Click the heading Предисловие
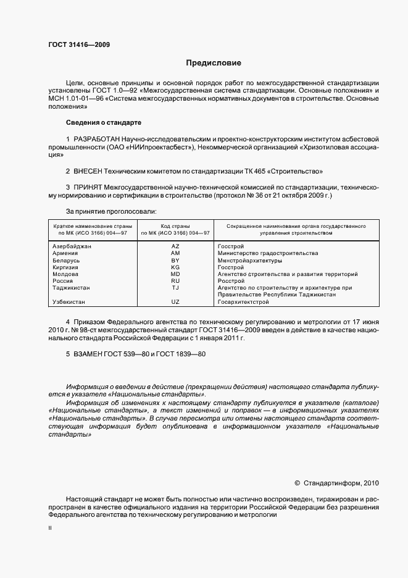click(x=214, y=63)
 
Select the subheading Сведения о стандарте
click(x=104, y=122)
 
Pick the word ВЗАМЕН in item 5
click(x=91, y=355)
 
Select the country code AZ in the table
click(x=175, y=246)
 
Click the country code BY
click(x=175, y=260)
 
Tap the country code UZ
click(x=175, y=302)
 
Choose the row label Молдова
click(x=65, y=274)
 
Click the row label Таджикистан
click(x=72, y=288)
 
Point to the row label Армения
click(x=65, y=253)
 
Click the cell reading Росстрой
click(x=231, y=281)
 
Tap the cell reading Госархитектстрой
click(x=244, y=302)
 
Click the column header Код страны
click(x=175, y=227)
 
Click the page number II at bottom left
click(x=50, y=529)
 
